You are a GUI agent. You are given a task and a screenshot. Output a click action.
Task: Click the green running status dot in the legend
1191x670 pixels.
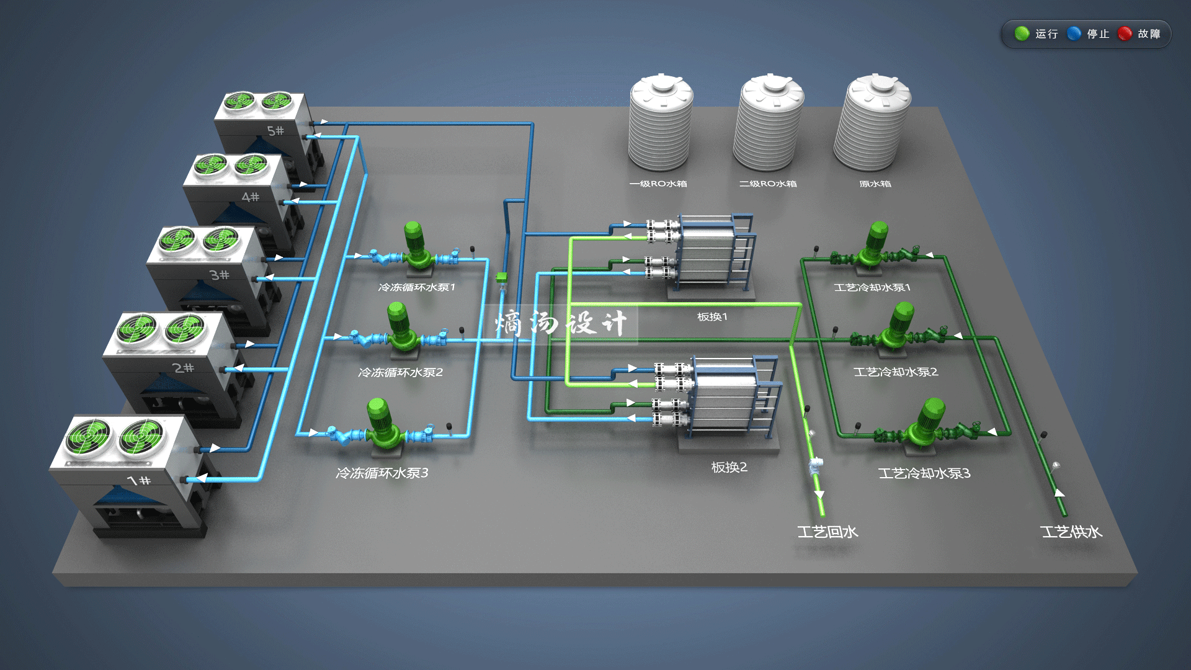[x=1022, y=33]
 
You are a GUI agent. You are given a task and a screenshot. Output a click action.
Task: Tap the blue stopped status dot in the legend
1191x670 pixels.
[x=1074, y=33]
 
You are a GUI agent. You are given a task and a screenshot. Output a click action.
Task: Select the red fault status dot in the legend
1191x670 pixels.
[x=1125, y=33]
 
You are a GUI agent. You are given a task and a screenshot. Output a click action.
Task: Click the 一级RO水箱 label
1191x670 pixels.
[x=658, y=184]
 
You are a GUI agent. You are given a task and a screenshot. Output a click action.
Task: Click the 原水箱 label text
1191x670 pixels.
[x=875, y=184]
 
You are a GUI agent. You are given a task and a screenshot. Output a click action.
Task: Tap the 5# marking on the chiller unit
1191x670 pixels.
[x=275, y=131]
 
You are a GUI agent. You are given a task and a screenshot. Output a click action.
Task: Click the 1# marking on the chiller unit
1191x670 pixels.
[x=139, y=480]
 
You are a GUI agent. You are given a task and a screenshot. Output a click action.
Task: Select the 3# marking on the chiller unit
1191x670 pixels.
[x=219, y=275]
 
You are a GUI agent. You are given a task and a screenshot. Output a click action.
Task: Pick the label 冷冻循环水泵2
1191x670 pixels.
[x=401, y=372]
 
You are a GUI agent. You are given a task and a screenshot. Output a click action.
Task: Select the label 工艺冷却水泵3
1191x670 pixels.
[x=924, y=473]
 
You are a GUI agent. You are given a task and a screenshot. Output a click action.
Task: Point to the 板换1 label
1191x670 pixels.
[x=712, y=317]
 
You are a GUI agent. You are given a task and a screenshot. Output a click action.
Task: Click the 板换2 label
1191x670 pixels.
[x=729, y=467]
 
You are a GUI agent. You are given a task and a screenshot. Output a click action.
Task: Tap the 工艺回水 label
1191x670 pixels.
[x=827, y=532]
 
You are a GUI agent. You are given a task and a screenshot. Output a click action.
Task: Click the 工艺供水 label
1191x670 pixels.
[x=1071, y=532]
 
